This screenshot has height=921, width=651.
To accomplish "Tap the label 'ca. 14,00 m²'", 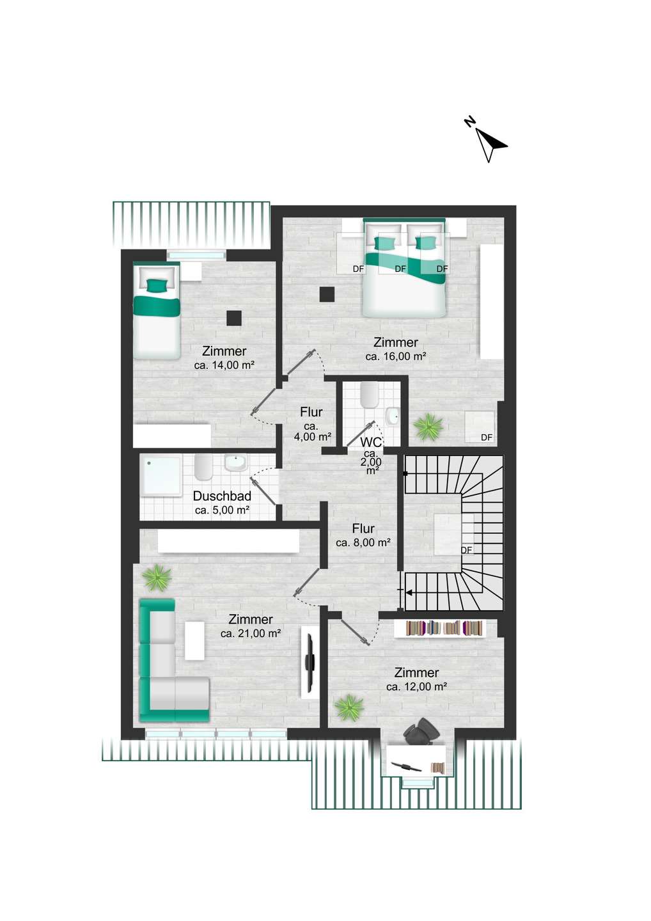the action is point(224,365).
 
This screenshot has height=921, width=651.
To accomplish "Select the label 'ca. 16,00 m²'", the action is point(395,356).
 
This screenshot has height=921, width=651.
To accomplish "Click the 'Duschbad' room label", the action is point(222,496).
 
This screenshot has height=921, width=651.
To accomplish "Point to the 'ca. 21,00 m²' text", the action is point(251,634).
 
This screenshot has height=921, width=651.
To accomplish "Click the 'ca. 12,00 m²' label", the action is point(417,686).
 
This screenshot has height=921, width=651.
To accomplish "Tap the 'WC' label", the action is point(372,442).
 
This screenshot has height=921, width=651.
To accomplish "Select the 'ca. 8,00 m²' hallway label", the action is point(363,542).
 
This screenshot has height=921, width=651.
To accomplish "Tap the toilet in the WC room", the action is point(368,395).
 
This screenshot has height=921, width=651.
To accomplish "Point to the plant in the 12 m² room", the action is point(349,708).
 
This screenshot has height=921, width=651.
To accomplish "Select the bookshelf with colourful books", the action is point(440,629).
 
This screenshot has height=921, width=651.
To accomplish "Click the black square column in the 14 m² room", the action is point(234,319).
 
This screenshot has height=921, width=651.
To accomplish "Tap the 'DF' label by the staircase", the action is point(466,550).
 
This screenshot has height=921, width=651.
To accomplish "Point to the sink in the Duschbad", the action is point(235,463).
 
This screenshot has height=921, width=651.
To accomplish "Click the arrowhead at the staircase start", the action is point(409,592).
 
